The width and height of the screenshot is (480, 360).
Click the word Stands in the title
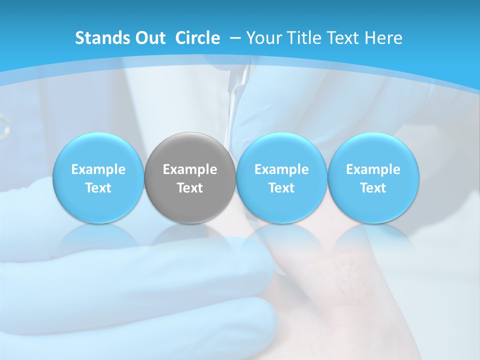(101, 38)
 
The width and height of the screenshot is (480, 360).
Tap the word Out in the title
(149, 38)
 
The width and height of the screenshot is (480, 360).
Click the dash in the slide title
(234, 38)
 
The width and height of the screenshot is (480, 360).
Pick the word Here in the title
(383, 38)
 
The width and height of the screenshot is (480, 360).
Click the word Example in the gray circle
(190, 169)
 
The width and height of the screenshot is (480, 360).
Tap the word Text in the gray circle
(190, 188)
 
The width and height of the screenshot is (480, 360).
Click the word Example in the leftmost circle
(98, 169)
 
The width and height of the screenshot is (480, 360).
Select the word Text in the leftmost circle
(98, 188)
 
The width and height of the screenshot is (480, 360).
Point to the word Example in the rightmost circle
(373, 169)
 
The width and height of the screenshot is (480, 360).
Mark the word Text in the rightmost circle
(373, 188)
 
